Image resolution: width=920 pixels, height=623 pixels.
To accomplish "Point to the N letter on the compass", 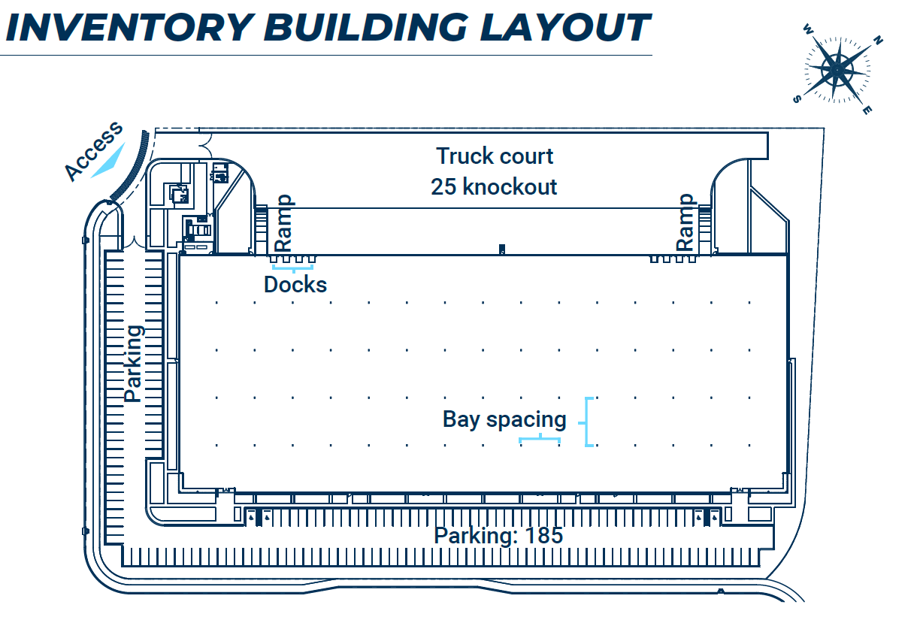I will pyautogui.click(x=879, y=41).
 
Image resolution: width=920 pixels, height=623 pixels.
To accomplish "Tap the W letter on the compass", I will pyautogui.click(x=807, y=30).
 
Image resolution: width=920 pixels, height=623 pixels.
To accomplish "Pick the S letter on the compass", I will pyautogui.click(x=797, y=98).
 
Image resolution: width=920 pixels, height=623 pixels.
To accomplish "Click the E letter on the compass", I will pyautogui.click(x=867, y=110).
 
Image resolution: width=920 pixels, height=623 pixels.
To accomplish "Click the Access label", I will pyautogui.click(x=93, y=151).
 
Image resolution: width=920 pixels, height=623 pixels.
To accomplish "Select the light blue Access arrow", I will pyautogui.click(x=107, y=161).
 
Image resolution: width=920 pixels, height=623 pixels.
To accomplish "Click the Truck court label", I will pyautogui.click(x=495, y=156).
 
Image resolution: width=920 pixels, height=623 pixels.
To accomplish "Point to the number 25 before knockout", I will pyautogui.click(x=443, y=186).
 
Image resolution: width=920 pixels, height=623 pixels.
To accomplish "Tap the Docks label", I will pyautogui.click(x=295, y=285).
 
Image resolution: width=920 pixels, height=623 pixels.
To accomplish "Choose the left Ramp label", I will pyautogui.click(x=284, y=223).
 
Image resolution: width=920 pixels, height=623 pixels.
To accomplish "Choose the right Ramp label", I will pyautogui.click(x=685, y=222).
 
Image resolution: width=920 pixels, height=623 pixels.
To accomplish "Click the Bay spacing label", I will pyautogui.click(x=504, y=419).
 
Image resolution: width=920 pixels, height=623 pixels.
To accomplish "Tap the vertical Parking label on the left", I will pyautogui.click(x=133, y=363).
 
